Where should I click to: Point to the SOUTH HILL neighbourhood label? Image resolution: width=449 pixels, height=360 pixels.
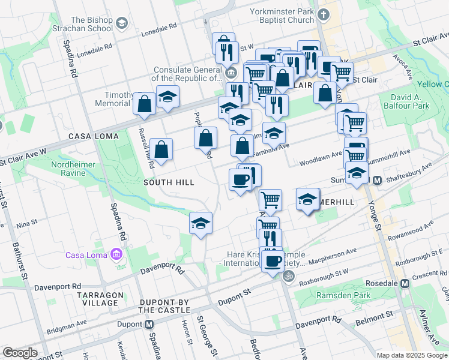[169, 182]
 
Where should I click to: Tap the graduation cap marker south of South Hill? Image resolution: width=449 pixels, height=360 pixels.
[200, 224]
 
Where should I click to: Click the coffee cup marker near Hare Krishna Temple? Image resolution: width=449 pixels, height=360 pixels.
[273, 262]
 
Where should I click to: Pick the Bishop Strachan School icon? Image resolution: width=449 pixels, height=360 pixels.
[122, 23]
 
